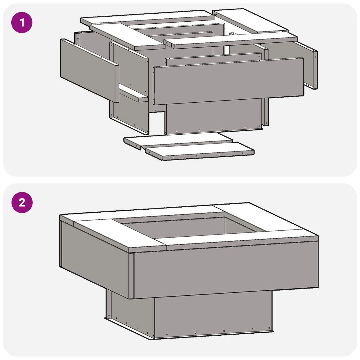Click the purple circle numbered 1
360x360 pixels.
click(22, 22)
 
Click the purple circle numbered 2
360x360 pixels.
click(22, 203)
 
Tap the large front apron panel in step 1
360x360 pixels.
click(228, 82)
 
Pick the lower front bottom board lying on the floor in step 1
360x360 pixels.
click(200, 151)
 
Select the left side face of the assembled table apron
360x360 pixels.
click(95, 258)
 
